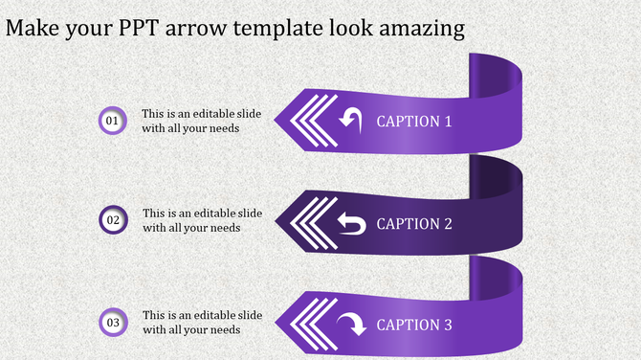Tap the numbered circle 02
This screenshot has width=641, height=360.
point(113,220)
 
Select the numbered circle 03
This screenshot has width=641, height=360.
point(113,323)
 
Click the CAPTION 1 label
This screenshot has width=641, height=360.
point(414,122)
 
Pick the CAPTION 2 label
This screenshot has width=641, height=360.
point(414,224)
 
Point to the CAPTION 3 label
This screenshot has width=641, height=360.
point(414,326)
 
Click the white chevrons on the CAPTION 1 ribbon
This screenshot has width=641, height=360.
point(308,121)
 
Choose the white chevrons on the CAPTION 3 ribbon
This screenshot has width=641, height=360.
point(308,325)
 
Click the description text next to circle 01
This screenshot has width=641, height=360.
point(202,121)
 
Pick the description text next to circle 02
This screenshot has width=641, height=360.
point(202,220)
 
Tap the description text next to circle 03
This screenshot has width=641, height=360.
point(202,323)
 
